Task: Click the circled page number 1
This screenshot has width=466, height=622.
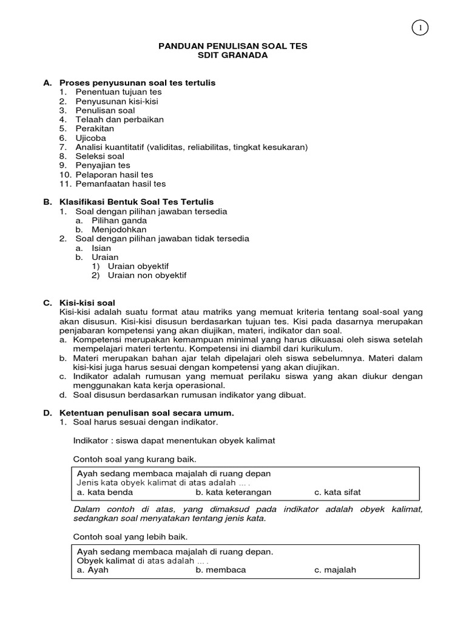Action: pos(420,27)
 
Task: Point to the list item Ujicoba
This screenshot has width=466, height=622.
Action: pos(90,138)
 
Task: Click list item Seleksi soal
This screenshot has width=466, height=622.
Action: pos(100,156)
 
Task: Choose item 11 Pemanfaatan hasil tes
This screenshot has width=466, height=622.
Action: pos(120,183)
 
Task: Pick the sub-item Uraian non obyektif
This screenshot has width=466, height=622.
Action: pos(147,275)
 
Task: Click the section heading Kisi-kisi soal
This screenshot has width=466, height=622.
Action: pos(87,302)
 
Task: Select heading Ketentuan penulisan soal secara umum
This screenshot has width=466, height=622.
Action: pos(146,412)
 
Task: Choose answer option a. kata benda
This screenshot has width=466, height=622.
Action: pos(105,492)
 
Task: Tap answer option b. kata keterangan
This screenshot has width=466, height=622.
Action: pos(234,492)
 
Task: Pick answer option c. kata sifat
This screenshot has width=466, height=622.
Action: pos(337,492)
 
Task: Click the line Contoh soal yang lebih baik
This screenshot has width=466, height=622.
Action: pos(130,537)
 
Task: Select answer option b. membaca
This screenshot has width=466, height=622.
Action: pos(221,570)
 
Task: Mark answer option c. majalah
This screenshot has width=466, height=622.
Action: pos(335,570)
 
